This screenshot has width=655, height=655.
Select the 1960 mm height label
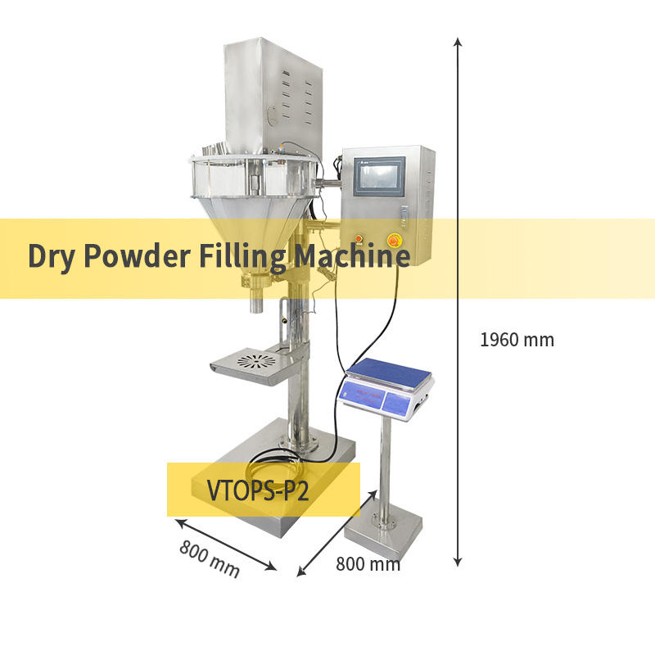pyautogui.click(x=517, y=339)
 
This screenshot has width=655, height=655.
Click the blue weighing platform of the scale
pyautogui.click(x=389, y=375)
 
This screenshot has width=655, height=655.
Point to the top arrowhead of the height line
pyautogui.click(x=458, y=42)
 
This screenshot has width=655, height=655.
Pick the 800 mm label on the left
pyautogui.click(x=210, y=558)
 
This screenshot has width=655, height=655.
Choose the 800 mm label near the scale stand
pyautogui.click(x=368, y=563)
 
